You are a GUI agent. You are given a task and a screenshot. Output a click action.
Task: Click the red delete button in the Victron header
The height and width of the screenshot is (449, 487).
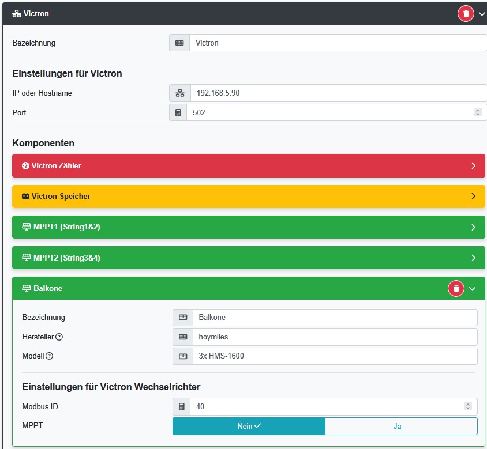[x=466, y=13]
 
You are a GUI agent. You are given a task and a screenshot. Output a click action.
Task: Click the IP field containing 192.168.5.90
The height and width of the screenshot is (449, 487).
[x=338, y=93]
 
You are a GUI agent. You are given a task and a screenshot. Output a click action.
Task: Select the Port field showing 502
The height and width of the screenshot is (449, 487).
[x=329, y=112]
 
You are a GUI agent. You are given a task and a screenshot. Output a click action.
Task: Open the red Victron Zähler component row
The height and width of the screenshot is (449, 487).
[x=248, y=165]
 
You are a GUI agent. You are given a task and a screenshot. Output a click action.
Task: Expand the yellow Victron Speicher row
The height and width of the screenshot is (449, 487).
[x=248, y=196]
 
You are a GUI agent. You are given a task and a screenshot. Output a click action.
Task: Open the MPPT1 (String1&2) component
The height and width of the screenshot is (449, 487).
[x=248, y=227]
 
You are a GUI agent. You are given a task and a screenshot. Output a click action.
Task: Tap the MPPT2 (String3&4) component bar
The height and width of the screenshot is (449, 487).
[x=248, y=258]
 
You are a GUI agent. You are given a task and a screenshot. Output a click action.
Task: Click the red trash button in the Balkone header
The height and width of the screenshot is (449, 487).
[x=456, y=288]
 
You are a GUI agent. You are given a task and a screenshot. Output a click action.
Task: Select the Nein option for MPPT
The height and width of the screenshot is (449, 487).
[x=249, y=426]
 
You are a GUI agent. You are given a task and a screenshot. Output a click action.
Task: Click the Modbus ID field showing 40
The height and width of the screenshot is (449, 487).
[x=326, y=406]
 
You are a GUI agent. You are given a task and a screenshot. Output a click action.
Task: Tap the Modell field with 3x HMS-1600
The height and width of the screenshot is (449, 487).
[x=335, y=356]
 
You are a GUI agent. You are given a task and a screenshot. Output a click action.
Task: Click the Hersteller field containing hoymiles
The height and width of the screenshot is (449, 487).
[x=335, y=337]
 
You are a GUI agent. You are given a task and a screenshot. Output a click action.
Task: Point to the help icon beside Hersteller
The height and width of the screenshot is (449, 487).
[x=59, y=337]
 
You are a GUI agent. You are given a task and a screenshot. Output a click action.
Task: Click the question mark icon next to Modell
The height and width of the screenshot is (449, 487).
[x=49, y=356]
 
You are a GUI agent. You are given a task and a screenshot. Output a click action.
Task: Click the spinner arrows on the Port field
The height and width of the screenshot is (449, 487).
[x=477, y=112]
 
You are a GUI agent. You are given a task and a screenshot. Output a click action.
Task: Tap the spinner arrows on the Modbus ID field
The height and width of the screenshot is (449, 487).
[x=467, y=406]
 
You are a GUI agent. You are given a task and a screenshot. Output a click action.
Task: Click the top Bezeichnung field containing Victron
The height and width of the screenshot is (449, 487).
[x=338, y=43]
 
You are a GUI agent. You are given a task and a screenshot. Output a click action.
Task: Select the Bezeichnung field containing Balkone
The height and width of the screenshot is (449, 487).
[x=335, y=317]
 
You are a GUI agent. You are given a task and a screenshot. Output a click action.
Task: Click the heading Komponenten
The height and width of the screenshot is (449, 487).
[x=43, y=143]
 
